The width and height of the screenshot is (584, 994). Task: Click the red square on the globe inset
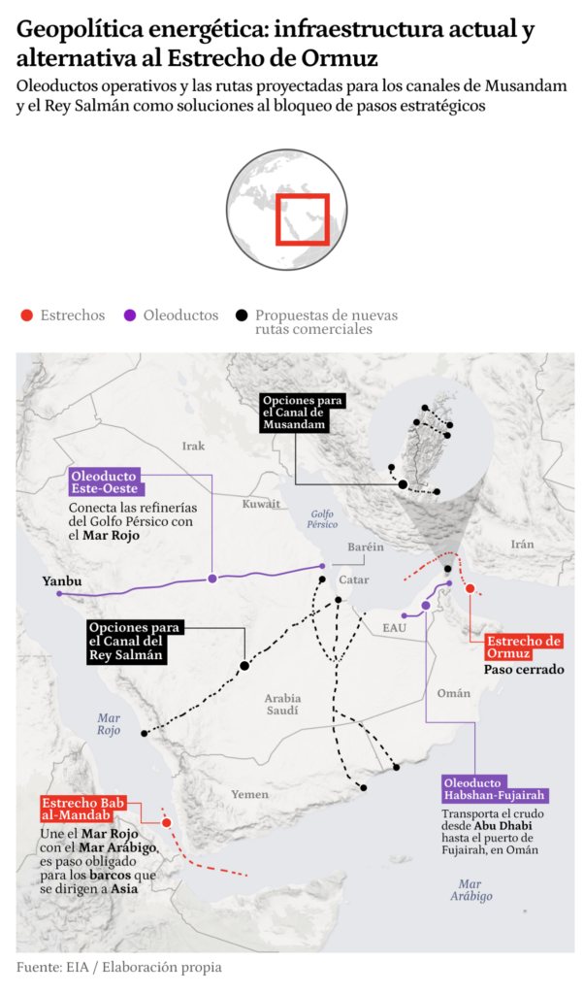click(x=302, y=218)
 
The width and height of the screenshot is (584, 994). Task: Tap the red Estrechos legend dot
click(x=27, y=315)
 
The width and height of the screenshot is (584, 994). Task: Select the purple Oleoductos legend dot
click(x=129, y=315)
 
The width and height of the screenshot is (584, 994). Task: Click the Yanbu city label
click(x=62, y=581)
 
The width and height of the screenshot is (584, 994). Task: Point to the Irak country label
click(x=194, y=446)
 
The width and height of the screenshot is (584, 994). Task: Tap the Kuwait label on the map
click(x=261, y=504)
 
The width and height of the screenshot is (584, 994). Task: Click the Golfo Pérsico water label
click(x=323, y=518)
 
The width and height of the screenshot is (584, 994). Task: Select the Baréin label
click(x=366, y=547)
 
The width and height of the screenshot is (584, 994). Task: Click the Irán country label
click(x=523, y=544)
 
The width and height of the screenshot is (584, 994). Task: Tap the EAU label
click(x=394, y=628)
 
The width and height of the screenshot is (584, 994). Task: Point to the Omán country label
click(x=454, y=693)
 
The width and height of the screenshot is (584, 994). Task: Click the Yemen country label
click(x=250, y=794)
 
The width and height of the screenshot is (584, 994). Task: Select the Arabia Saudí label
click(x=283, y=705)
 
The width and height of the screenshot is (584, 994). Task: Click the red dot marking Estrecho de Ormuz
click(x=470, y=588)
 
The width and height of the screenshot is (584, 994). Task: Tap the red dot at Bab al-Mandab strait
click(x=166, y=822)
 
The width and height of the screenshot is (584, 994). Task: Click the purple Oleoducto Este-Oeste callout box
click(x=105, y=480)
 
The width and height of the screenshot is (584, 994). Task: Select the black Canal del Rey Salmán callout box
click(x=133, y=642)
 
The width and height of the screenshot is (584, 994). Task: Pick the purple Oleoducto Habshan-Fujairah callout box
click(x=495, y=788)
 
